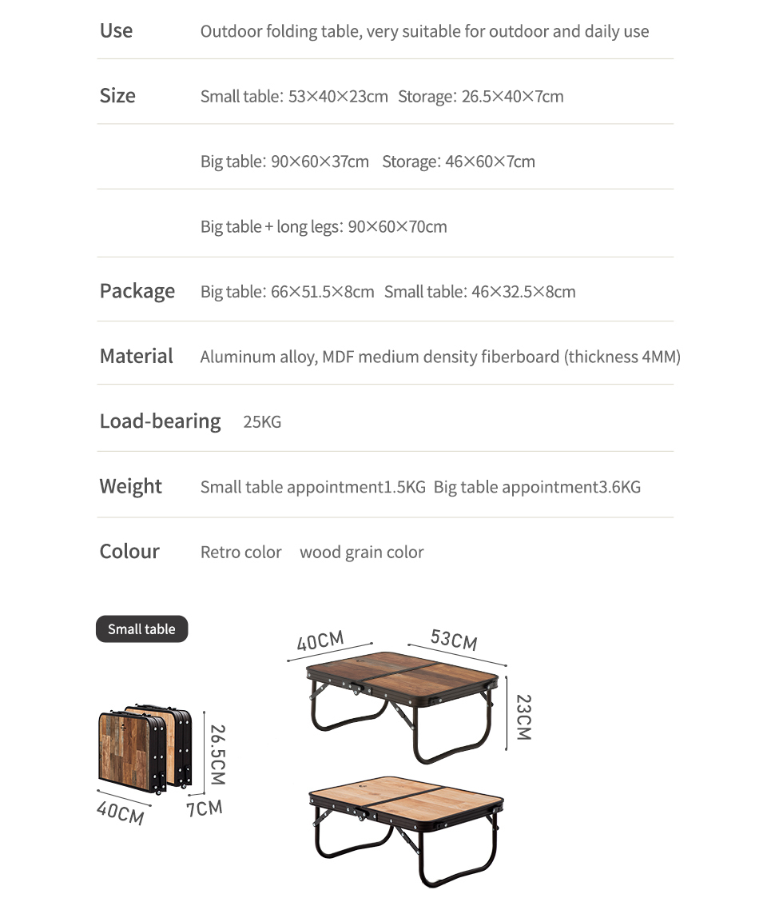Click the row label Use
pos(116,31)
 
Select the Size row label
pos(117,96)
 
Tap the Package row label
pos(137,291)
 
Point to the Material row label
pos(136,356)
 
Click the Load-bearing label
pos(160,421)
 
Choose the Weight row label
pos(130,486)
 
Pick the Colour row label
pos(129,552)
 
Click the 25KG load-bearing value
pos(262,422)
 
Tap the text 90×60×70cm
pos(397,226)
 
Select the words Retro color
pos(240,553)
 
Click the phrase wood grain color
pos(361,553)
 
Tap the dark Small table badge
pos(141,629)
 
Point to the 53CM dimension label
pos(454,640)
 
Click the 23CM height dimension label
pos(523,716)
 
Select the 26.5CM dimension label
pos(217,754)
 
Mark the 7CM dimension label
pos(204,808)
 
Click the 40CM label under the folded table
pos(120,812)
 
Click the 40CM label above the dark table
pos(320,641)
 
